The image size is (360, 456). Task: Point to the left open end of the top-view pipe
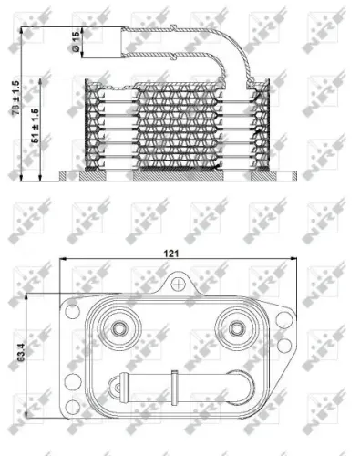coord(110,385)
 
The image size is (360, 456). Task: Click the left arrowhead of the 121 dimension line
coord(64,264)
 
